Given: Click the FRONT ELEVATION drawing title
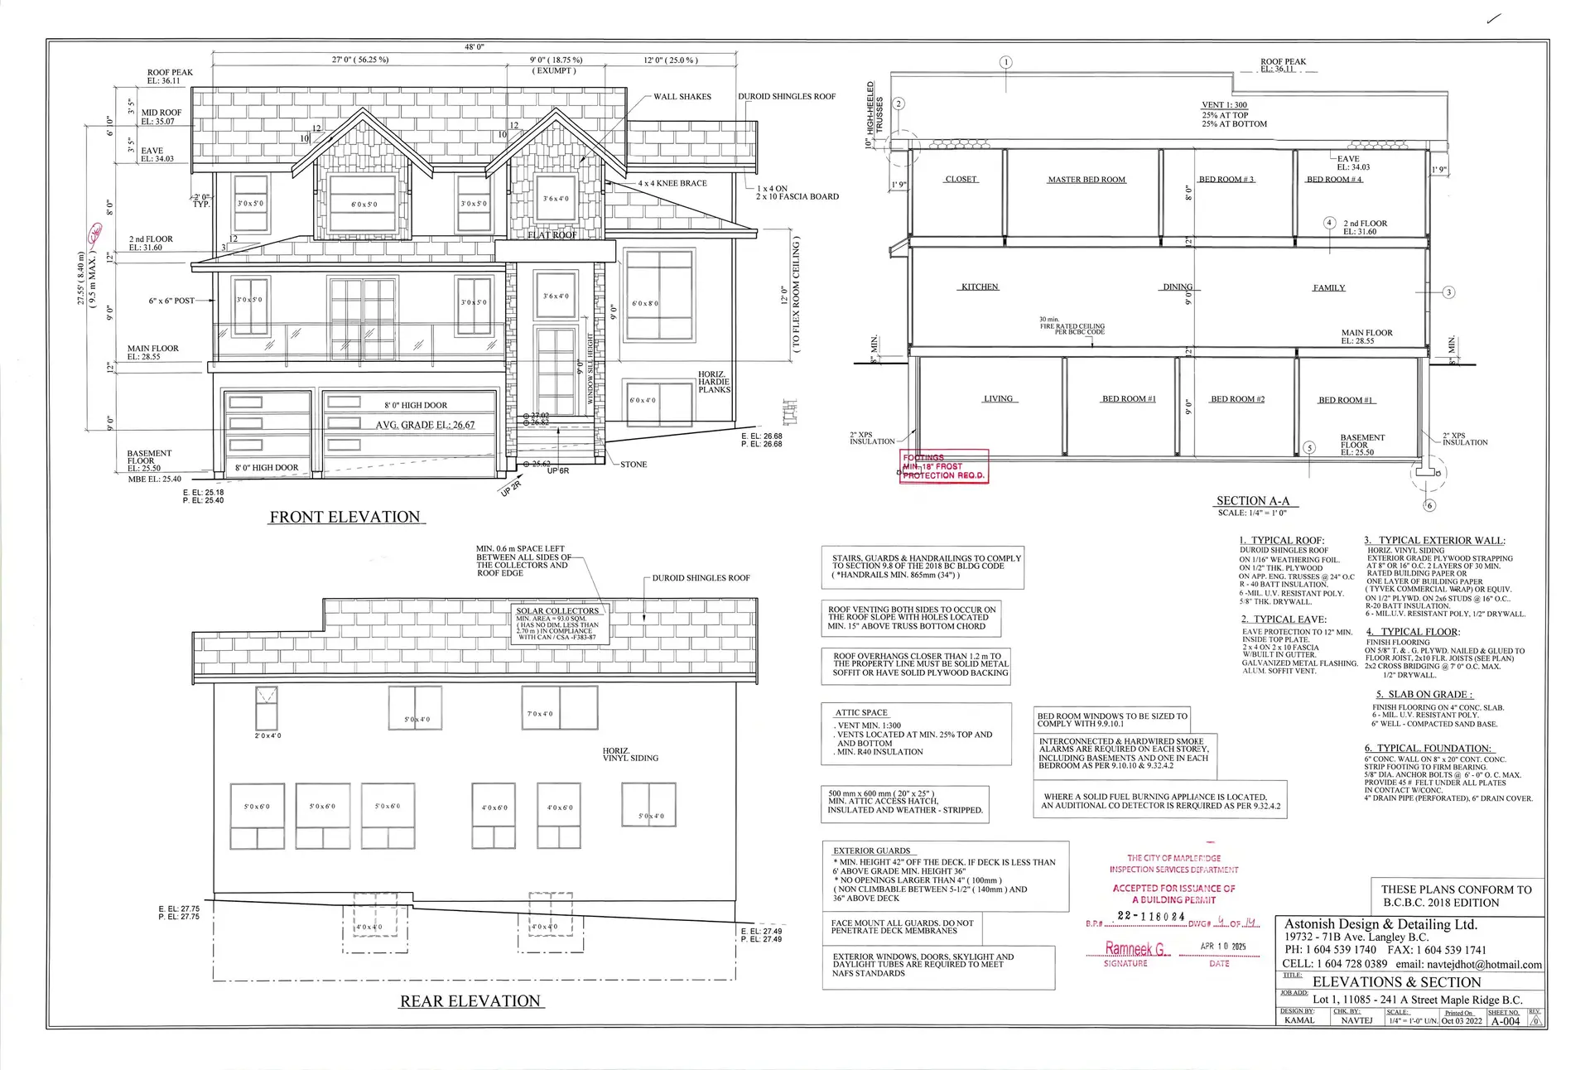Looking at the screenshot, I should click(345, 517).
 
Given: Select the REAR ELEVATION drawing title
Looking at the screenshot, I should click(470, 1001).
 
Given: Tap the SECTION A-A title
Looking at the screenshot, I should click(1253, 500).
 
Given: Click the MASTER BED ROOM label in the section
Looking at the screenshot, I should click(1086, 180).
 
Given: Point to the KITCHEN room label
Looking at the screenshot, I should click(980, 287).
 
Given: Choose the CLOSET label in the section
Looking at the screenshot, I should click(961, 179).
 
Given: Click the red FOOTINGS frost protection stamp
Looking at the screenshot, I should click(944, 466).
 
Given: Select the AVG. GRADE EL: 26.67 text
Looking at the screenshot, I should click(426, 425).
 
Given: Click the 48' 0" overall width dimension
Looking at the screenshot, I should click(475, 47).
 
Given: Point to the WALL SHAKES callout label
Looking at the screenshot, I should click(682, 97).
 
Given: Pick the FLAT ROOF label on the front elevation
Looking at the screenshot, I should click(552, 235).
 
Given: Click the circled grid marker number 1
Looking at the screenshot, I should click(1006, 62).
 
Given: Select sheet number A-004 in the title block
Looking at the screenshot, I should click(1506, 1021).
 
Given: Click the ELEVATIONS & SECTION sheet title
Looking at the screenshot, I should click(1396, 982).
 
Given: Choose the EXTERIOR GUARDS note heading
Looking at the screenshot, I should click(871, 851).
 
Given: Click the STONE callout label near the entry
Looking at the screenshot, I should click(634, 465).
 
